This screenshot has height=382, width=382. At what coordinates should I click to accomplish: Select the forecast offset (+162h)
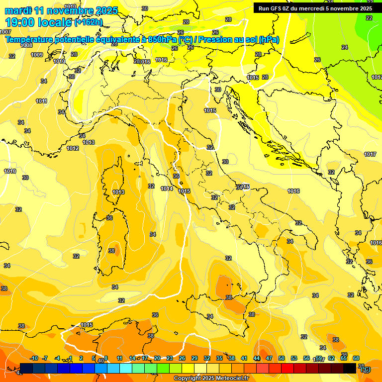[89, 22]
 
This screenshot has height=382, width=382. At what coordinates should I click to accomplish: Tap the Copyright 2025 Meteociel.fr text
[211, 378]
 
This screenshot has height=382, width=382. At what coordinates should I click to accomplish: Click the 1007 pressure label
[5, 32]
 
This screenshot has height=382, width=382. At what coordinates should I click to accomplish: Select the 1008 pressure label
[26, 45]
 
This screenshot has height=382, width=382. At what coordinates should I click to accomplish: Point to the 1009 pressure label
[37, 55]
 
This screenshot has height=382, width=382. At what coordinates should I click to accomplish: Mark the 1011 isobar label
[42, 101]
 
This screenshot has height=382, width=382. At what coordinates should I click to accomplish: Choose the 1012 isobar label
[73, 148]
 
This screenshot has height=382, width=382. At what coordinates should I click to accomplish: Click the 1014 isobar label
[167, 189]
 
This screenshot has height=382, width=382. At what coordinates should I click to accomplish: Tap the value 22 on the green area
[369, 18]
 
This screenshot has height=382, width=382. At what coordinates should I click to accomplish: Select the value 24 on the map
[345, 47]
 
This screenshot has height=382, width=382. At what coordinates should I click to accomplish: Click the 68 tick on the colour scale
[356, 358]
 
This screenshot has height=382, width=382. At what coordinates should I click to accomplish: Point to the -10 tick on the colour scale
[34, 358]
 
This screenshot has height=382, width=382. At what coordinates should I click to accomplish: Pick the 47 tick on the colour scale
[269, 358]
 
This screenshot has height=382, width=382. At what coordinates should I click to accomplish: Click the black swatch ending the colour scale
[350, 368]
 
